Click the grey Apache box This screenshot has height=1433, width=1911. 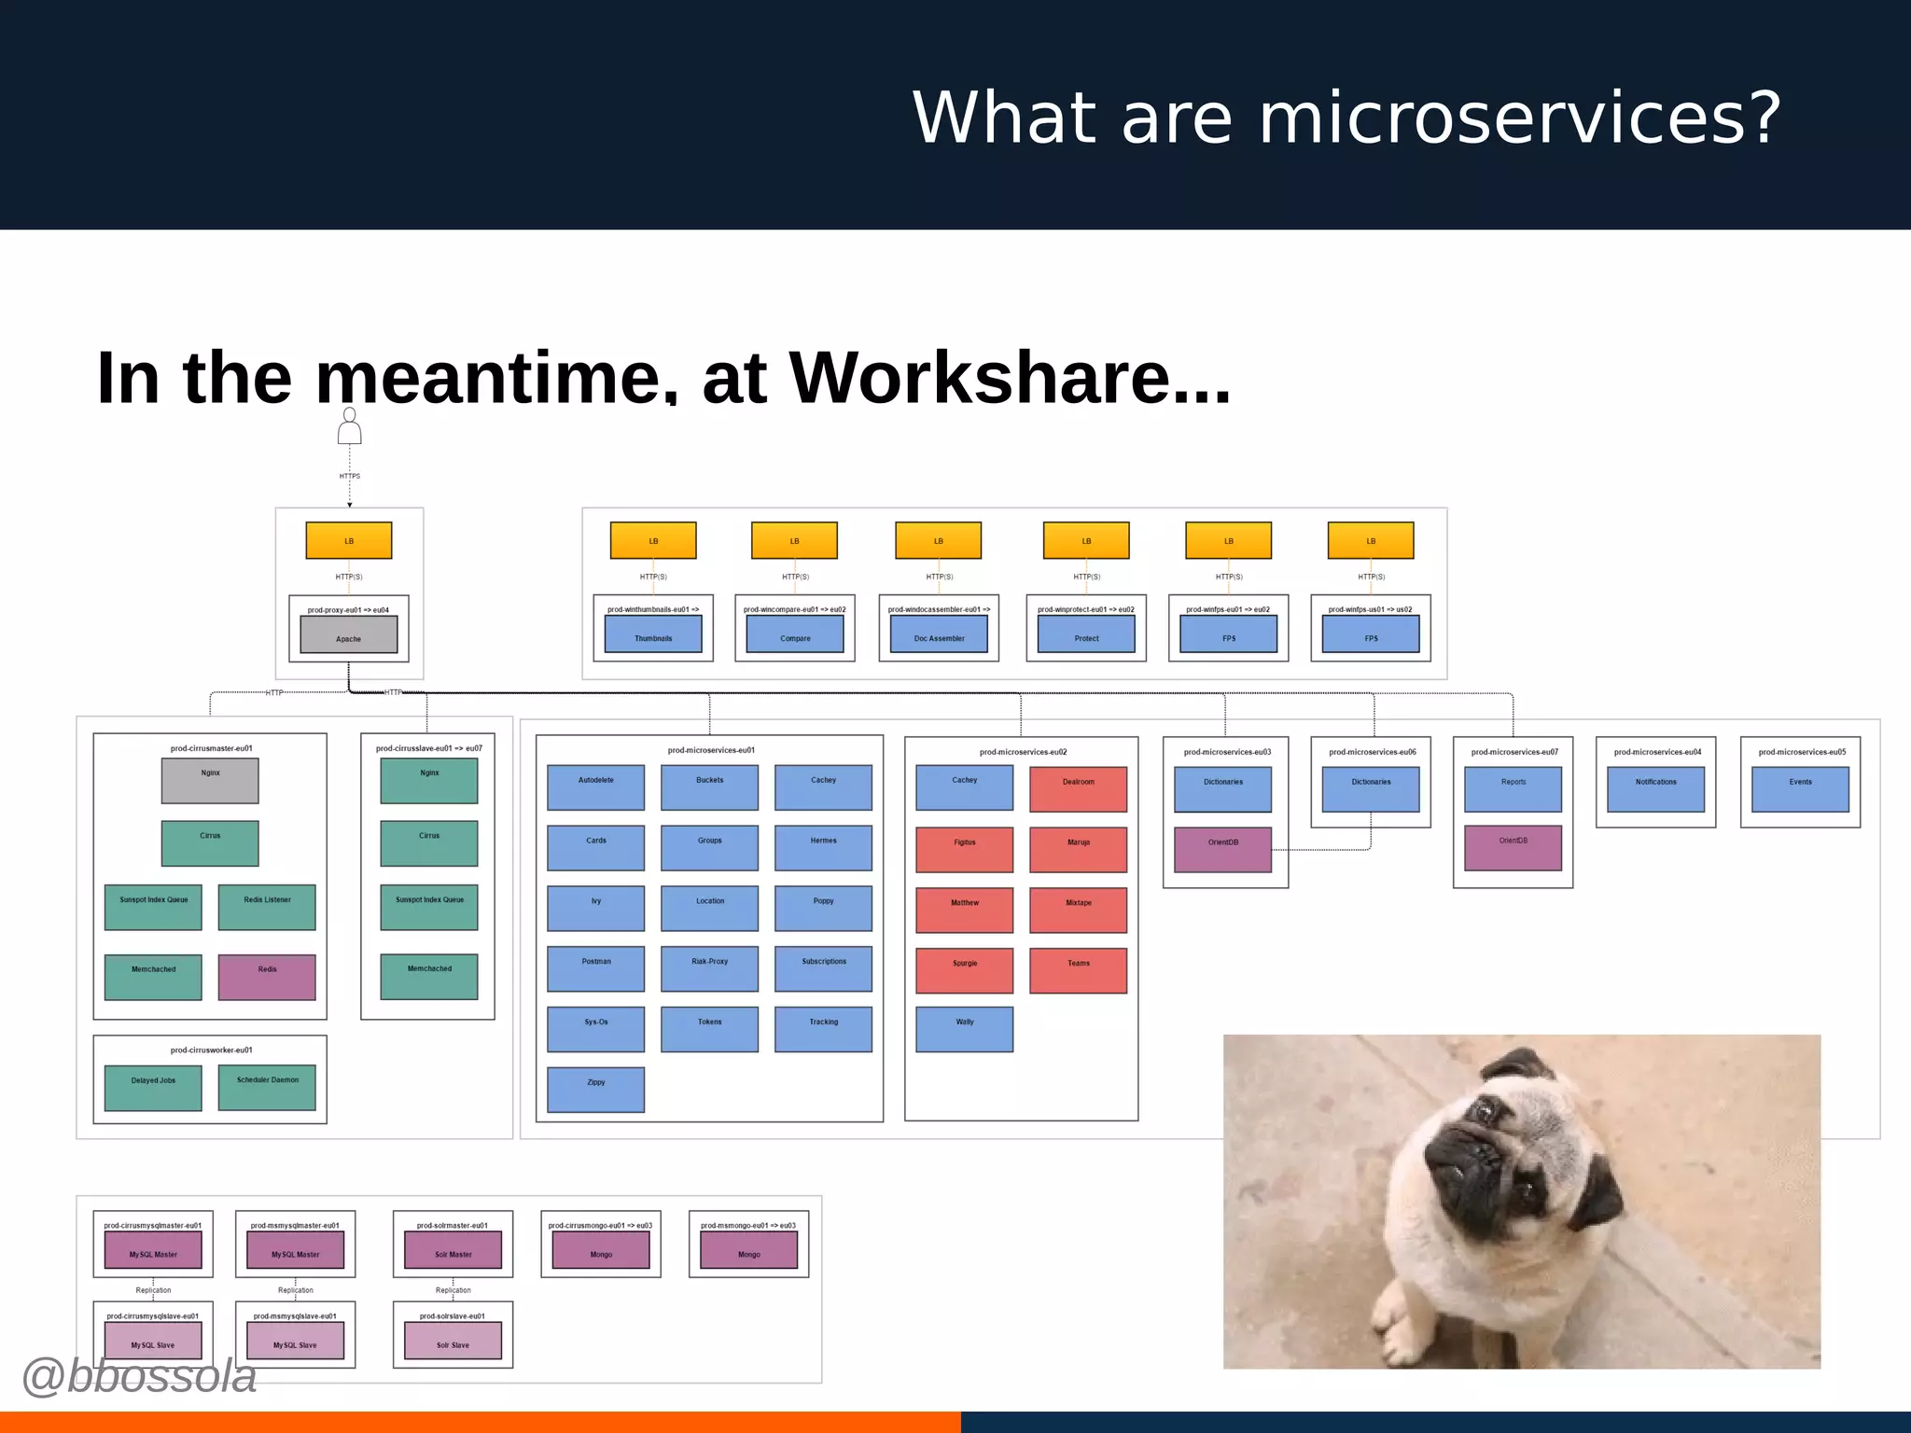pos(348,634)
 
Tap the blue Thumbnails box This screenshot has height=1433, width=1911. pos(653,634)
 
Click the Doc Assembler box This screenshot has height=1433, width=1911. pos(939,634)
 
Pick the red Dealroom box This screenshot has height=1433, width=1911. pos(1078,789)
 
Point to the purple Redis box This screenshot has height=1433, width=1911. pos(267,977)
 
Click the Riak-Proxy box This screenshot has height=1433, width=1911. pos(709,968)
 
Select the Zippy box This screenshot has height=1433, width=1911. pos(595,1089)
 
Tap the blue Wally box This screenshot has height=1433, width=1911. pos(964,1029)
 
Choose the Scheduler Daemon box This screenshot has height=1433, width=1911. pos(267,1087)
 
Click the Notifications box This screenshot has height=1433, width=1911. pos(1655,789)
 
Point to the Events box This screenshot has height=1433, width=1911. pos(1800,789)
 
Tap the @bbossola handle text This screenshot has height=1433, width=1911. pos(138,1377)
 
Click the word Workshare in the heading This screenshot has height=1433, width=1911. pos(980,378)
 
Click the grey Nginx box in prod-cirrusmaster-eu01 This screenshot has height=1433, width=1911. pos(210,781)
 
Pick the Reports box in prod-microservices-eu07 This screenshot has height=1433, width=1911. pos(1513,789)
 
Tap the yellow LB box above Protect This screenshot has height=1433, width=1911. pos(1086,540)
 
